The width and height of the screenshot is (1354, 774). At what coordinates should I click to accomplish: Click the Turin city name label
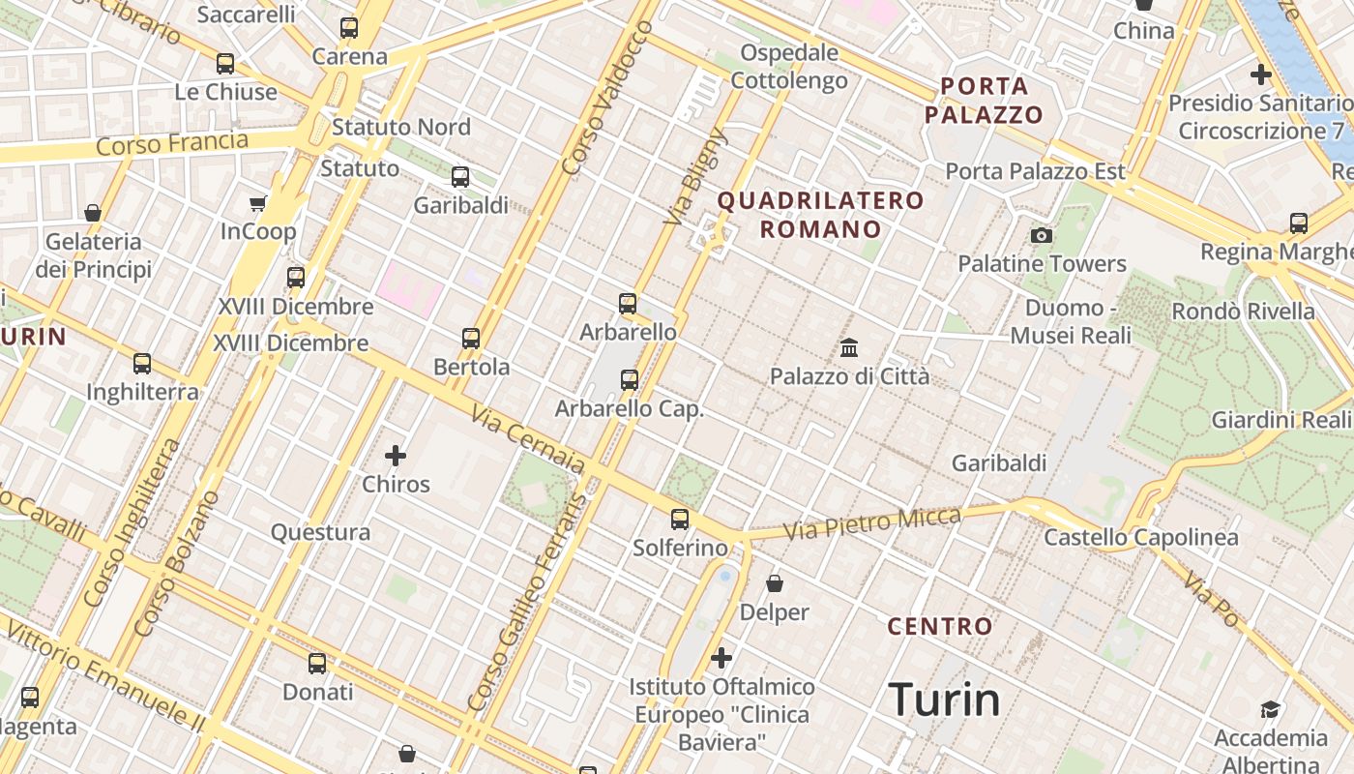(943, 700)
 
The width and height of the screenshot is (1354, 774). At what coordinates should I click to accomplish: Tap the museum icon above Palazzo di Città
(849, 347)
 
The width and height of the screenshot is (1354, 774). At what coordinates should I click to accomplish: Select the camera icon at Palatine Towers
(1042, 235)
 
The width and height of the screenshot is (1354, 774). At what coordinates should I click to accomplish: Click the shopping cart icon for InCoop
(257, 203)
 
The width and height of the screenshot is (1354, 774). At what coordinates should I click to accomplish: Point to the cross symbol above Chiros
(396, 455)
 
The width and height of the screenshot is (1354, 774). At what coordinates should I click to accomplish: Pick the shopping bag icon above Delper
(775, 583)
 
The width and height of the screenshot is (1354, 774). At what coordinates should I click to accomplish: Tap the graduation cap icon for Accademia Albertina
(1270, 710)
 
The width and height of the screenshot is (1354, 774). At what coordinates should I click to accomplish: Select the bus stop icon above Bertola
(471, 339)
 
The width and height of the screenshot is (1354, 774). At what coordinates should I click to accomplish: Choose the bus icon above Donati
(317, 664)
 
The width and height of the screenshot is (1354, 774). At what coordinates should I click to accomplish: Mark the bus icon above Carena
(349, 28)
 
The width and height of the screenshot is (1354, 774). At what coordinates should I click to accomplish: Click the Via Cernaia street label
(528, 440)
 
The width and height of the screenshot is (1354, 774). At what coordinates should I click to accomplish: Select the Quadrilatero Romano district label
(820, 215)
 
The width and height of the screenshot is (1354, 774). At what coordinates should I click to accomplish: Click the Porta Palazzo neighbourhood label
(984, 101)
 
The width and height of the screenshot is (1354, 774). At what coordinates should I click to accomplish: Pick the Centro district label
(940, 626)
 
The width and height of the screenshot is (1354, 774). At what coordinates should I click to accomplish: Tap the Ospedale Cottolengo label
(789, 66)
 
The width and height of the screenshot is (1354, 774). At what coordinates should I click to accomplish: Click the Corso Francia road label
(172, 145)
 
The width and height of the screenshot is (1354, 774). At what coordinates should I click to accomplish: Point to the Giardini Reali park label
(1280, 420)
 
